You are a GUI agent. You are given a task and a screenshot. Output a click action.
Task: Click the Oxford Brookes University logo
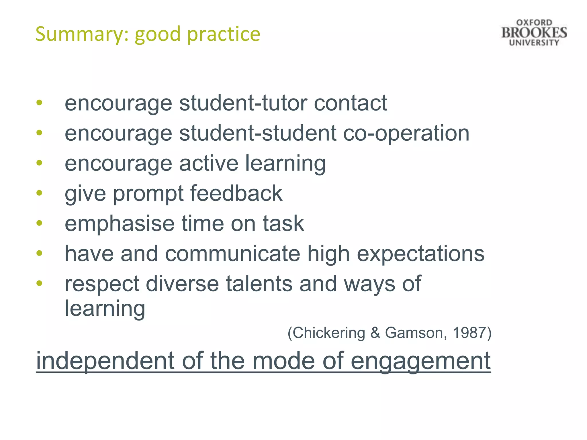point(534,33)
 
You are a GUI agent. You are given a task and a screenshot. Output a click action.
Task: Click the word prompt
point(148,194)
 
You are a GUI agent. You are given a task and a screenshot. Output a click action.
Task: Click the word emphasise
point(120,224)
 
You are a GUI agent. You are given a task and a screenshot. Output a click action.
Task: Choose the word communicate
point(232,254)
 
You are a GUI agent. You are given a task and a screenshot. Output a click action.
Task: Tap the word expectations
point(420,254)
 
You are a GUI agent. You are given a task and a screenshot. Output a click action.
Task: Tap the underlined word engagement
point(420,362)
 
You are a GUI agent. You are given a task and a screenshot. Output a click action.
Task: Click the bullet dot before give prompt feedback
point(39,193)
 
